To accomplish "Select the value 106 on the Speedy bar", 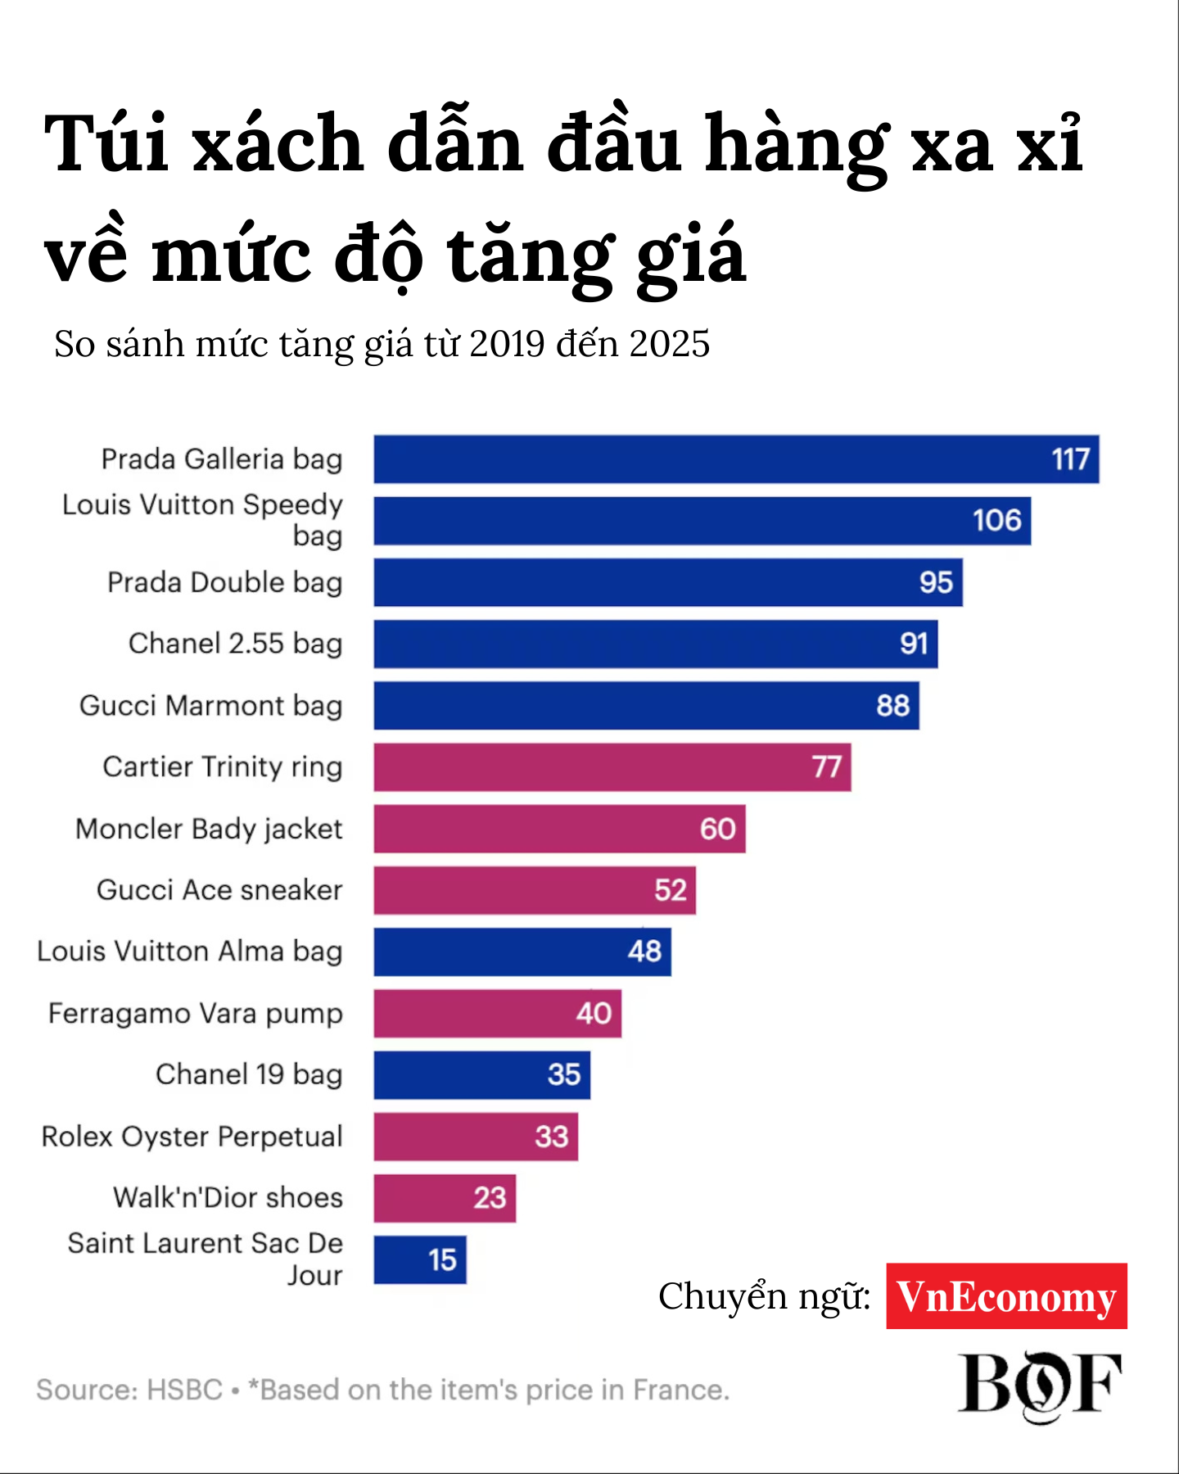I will (996, 521).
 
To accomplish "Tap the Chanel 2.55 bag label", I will (235, 644).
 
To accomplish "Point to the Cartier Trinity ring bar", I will (612, 767).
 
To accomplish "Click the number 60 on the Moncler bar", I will (717, 829).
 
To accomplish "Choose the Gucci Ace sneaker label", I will (219, 890).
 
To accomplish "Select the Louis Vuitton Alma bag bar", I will (522, 952).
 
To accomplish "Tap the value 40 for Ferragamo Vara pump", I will (594, 1014).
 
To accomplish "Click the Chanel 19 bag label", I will (249, 1074).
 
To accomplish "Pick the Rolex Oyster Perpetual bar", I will (475, 1137).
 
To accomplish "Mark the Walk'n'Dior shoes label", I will (228, 1198).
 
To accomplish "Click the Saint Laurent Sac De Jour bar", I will (419, 1259).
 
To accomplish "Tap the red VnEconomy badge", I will (1006, 1296).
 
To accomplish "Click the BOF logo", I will (1039, 1385).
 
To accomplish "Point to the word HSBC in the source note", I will (184, 1390).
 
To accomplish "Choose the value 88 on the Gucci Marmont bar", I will (892, 706).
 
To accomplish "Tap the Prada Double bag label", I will (224, 582).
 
